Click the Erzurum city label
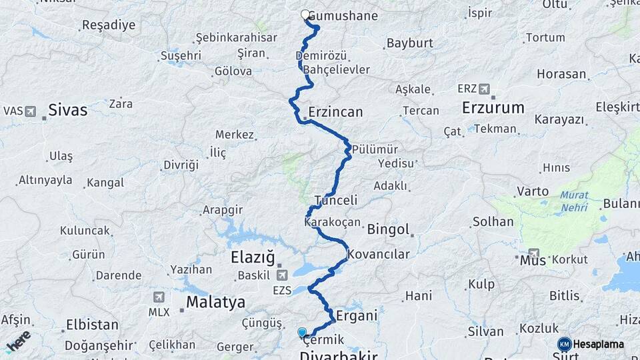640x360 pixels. pyautogui.click(x=493, y=107)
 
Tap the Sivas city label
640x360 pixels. pyautogui.click(x=67, y=110)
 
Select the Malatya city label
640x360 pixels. pyautogui.click(x=215, y=302)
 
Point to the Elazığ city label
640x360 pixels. pyautogui.click(x=252, y=257)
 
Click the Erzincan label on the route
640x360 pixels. pyautogui.click(x=335, y=112)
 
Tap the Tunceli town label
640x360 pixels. pyautogui.click(x=336, y=200)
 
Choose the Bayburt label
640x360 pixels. pyautogui.click(x=409, y=43)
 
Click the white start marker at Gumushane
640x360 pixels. pyautogui.click(x=305, y=15)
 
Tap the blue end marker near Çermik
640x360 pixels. pyautogui.click(x=302, y=332)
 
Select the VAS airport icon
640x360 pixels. pyautogui.click(x=30, y=111)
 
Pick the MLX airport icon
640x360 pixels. pyautogui.click(x=158, y=297)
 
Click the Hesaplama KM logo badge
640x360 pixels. pyautogui.click(x=565, y=344)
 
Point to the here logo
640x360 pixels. pyautogui.click(x=18, y=341)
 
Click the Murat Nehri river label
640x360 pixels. pyautogui.click(x=573, y=201)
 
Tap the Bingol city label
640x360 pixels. pyautogui.click(x=388, y=230)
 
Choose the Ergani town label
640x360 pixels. pyautogui.click(x=357, y=315)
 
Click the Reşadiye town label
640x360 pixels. pyautogui.click(x=108, y=25)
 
